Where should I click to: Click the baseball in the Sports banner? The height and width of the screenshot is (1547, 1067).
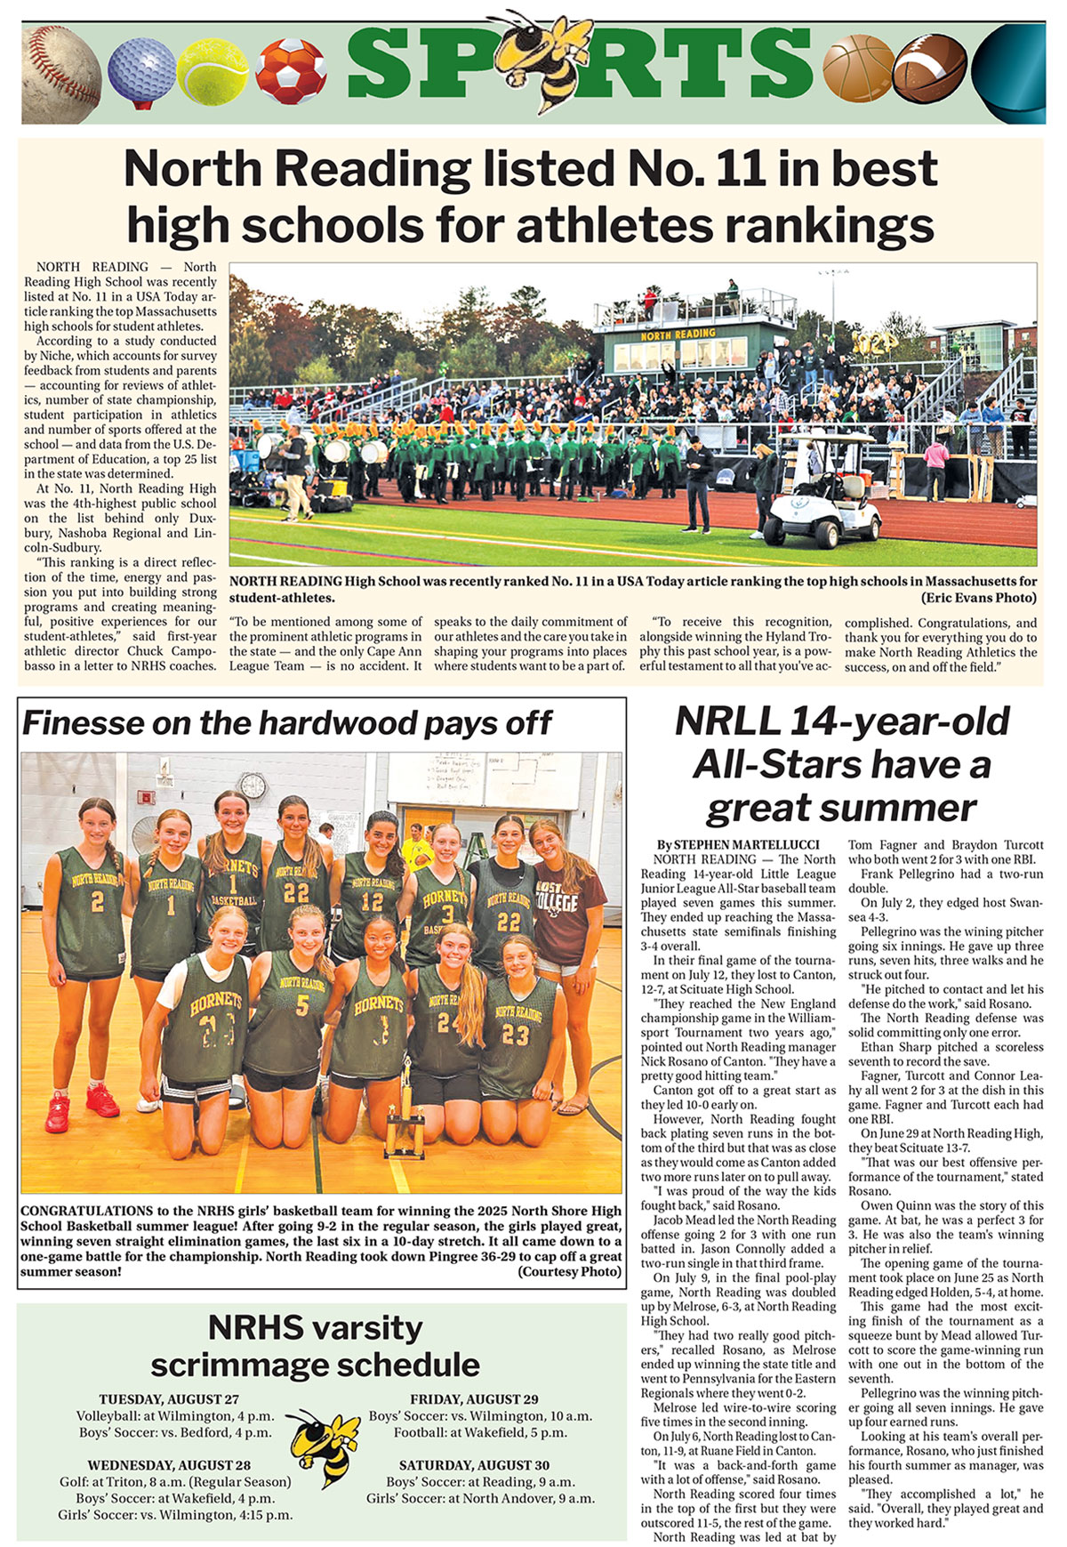point(60,73)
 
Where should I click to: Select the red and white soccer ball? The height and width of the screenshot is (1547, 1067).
point(291,70)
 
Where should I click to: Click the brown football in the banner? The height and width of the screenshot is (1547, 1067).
point(929,68)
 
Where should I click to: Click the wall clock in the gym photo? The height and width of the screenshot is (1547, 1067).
point(253,786)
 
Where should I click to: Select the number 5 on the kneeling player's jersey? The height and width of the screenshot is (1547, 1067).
point(302,1005)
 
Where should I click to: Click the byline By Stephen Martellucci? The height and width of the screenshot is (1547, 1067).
point(738,844)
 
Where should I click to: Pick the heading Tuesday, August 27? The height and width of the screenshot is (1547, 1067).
point(169,1399)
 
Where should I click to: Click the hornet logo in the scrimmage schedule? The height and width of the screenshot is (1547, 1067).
point(325,1446)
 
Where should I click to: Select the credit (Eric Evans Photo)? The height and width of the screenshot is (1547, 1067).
point(978,598)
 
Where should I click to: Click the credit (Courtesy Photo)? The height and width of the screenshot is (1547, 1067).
point(570,1271)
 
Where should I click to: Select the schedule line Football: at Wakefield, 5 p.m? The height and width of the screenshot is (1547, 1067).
point(480,1432)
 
